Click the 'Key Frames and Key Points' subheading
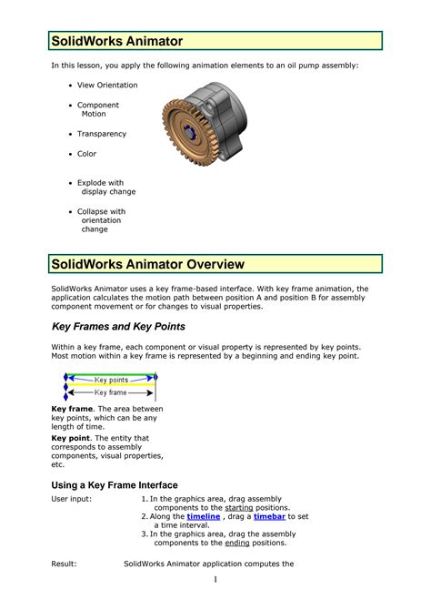coord(118,326)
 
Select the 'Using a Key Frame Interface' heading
coord(114,485)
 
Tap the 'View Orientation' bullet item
coord(107,86)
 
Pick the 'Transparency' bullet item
coord(101,134)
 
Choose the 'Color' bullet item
coord(86,154)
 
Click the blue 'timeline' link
coord(203,516)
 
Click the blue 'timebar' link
coord(269,516)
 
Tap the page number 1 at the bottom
coord(215,580)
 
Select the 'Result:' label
coord(64,564)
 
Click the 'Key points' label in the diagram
coord(111,380)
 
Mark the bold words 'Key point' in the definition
coord(71,438)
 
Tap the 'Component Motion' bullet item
coord(97,110)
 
